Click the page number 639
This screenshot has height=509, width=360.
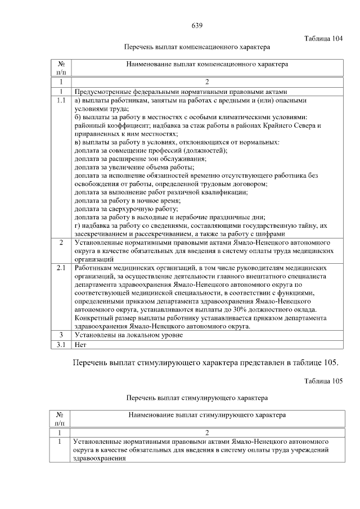(x=197, y=26)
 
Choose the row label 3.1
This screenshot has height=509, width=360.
(x=61, y=344)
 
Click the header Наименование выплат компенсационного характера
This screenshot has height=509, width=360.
(x=208, y=65)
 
